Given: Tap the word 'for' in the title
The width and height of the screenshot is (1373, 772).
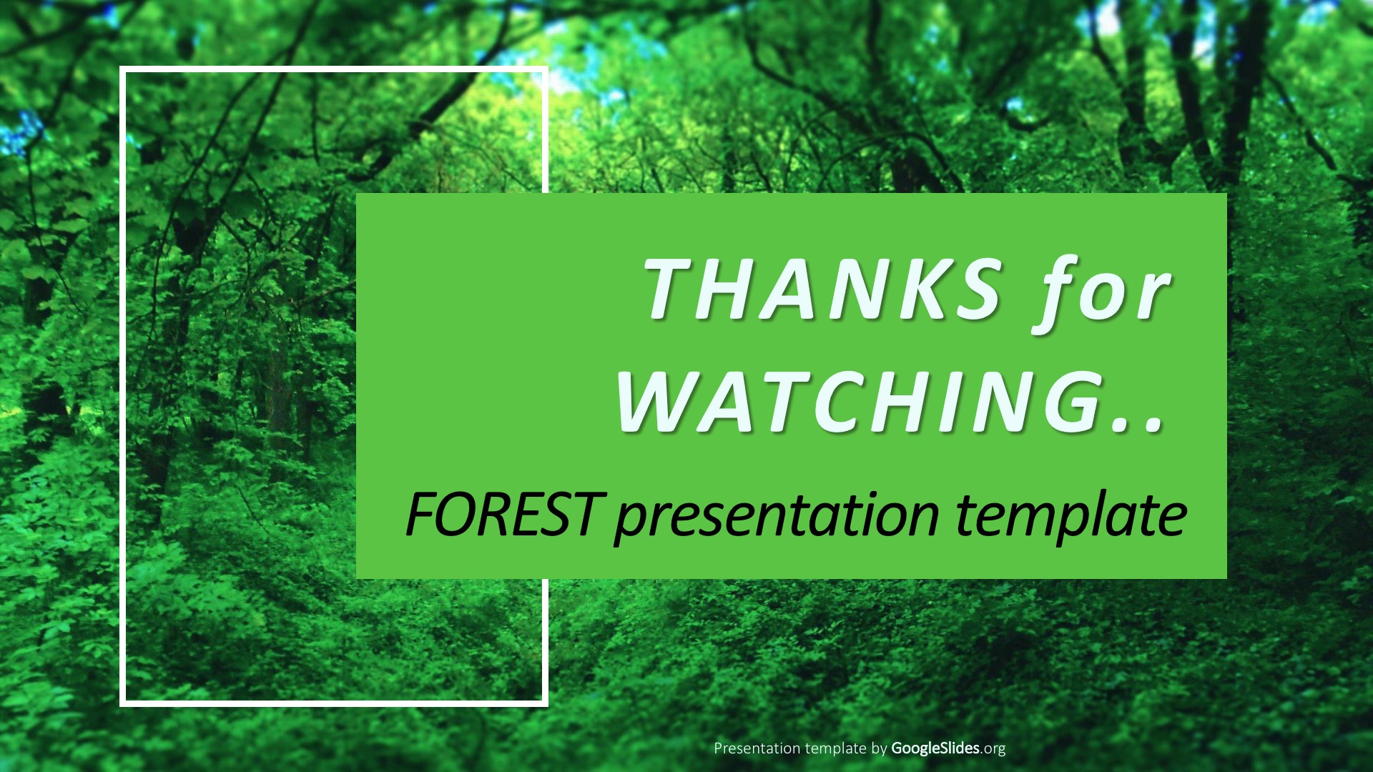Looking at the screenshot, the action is [x=1102, y=295].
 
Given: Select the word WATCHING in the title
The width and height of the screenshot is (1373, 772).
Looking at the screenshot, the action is [x=859, y=401].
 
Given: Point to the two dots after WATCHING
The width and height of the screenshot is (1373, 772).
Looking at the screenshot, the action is [x=1140, y=426].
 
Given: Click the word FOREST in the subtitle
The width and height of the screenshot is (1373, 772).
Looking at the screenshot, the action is [x=501, y=514].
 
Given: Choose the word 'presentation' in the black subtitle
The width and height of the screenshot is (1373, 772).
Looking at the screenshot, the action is [x=776, y=517].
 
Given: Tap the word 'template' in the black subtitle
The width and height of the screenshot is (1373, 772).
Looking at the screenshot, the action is [x=1071, y=517].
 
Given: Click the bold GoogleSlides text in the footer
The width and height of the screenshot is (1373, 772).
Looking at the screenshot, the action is [x=935, y=748].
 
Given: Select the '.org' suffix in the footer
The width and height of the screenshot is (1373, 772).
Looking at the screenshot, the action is [x=993, y=749].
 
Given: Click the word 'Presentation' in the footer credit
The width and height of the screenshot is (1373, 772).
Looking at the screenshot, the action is [x=757, y=748].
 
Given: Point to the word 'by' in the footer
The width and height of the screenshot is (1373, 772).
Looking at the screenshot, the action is [x=879, y=749].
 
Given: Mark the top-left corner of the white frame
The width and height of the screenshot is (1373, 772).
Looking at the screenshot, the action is [x=122, y=69].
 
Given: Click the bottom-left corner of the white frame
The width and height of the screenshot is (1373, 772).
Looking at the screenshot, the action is [x=122, y=704].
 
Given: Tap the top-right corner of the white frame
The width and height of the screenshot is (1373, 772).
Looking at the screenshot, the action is [x=546, y=69].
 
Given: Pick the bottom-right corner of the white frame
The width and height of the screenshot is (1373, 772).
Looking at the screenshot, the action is [x=546, y=704].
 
